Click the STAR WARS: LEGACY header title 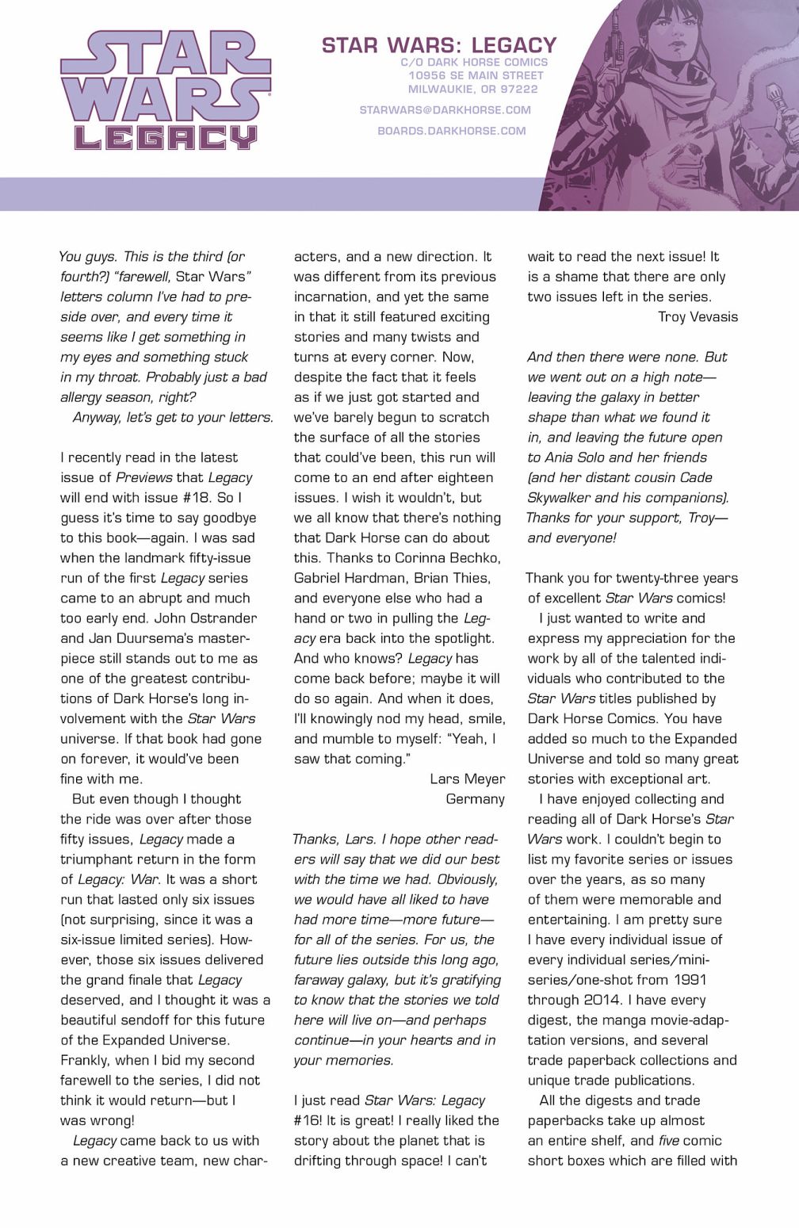439,45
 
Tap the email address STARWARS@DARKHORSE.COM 445,110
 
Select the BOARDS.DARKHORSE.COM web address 451,131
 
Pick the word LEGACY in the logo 165,136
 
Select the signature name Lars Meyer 467,778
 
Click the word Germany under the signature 475,799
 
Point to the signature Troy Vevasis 698,317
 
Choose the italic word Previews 143,477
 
